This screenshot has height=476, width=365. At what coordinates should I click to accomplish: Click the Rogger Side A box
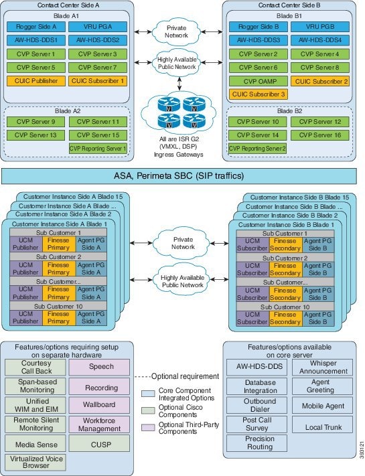click(x=36, y=27)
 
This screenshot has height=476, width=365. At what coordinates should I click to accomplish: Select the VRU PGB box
click(x=320, y=27)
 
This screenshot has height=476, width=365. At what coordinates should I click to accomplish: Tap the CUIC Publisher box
click(x=36, y=81)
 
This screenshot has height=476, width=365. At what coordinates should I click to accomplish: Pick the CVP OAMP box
click(x=259, y=81)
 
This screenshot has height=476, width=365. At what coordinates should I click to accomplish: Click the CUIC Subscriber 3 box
click(x=259, y=94)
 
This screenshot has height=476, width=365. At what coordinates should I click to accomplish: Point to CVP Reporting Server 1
click(x=98, y=149)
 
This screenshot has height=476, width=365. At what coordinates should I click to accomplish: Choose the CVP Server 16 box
click(x=320, y=135)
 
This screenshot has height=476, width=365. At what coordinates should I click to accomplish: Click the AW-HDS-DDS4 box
click(x=320, y=40)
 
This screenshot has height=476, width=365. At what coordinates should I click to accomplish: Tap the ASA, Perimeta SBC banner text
click(x=179, y=176)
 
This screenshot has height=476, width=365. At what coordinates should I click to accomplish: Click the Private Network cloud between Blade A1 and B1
click(x=176, y=31)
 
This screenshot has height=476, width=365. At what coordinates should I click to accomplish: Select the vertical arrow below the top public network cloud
click(x=179, y=84)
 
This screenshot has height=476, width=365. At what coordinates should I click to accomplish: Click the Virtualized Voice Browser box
click(x=35, y=463)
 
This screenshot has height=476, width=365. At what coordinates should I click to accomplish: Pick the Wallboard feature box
click(x=99, y=405)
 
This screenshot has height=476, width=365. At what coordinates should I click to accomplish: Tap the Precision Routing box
click(x=257, y=443)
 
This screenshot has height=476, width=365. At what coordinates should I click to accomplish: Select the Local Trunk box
click(x=323, y=424)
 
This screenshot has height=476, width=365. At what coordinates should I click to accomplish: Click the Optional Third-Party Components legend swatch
click(x=148, y=427)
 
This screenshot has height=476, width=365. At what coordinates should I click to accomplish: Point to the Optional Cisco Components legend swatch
click(x=148, y=410)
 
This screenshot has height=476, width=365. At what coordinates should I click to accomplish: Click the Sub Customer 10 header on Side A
click(x=58, y=306)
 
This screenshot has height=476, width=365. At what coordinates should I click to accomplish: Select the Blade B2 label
click(x=290, y=111)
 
